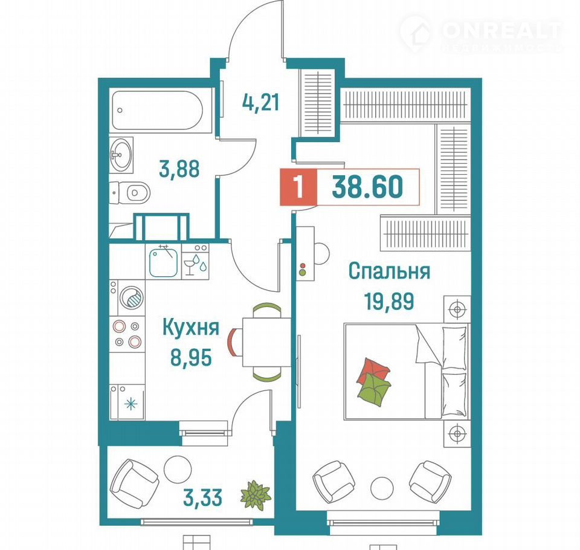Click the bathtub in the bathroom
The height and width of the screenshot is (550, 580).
[157, 110]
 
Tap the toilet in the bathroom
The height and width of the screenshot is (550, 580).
[130, 192]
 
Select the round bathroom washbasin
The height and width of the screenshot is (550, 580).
[121, 154]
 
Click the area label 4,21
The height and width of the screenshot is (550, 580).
[261, 103]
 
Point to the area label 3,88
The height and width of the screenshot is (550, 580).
[179, 169]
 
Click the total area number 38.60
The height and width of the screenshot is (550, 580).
[367, 187]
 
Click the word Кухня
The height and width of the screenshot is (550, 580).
[192, 328]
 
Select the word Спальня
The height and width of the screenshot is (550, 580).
[390, 271]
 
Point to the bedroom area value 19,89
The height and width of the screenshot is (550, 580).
[389, 301]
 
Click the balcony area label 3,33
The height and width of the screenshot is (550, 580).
[203, 497]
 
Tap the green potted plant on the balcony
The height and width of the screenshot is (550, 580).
[256, 495]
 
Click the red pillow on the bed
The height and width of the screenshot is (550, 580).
[373, 371]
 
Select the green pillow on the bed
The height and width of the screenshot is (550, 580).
[375, 389]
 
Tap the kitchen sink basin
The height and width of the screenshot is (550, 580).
[164, 262]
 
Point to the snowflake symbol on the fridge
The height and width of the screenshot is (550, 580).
[130, 403]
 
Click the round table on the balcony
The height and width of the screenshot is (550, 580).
[178, 468]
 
